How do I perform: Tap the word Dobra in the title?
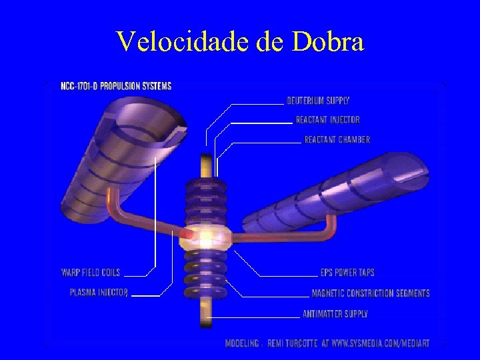(328, 41)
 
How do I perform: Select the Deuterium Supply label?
(318, 101)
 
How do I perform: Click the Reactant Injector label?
(327, 120)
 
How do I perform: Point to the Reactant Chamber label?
(337, 139)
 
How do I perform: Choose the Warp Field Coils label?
(91, 272)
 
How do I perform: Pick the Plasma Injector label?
(99, 292)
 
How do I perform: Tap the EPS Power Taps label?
(347, 272)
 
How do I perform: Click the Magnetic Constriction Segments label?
(371, 293)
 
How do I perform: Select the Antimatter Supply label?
(335, 313)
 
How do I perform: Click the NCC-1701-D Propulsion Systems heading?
(115, 86)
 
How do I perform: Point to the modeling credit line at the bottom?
(327, 343)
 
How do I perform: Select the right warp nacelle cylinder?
(333, 193)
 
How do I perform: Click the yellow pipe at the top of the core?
(206, 166)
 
